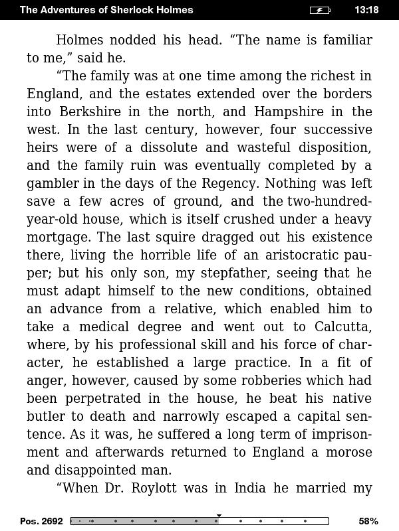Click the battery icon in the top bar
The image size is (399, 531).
coord(320,10)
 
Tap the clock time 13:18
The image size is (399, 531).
coord(366,10)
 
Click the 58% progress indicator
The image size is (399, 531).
coord(368,521)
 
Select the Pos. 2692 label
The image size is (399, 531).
coord(41,521)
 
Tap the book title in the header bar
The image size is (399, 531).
coord(106,10)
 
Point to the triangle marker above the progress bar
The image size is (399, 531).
coord(219,515)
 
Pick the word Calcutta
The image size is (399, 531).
coord(340,327)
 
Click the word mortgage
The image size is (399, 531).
coord(56,237)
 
